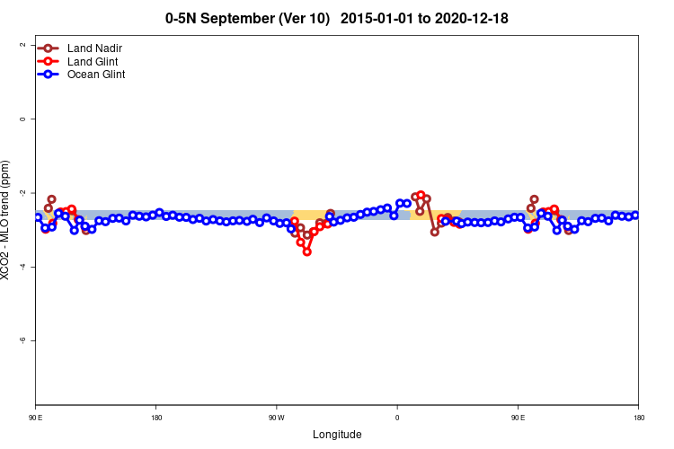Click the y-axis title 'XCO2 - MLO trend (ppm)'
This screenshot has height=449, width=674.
[x=7, y=220]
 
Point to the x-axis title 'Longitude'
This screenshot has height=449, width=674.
[x=337, y=435]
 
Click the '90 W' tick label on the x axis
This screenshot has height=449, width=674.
[x=276, y=418]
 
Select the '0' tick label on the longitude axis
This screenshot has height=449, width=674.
[x=397, y=418]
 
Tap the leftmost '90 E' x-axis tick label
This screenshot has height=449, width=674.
[x=36, y=418]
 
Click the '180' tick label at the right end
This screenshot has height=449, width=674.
[x=638, y=418]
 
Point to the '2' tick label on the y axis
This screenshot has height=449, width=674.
[x=21, y=45]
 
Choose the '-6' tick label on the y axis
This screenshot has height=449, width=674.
[x=21, y=340]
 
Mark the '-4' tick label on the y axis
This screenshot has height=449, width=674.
[x=21, y=267]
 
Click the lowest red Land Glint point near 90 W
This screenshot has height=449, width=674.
[x=307, y=252]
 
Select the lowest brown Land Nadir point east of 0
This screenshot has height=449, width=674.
[x=435, y=232]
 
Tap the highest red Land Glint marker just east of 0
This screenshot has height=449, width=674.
[x=421, y=195]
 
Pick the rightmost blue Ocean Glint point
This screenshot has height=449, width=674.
[x=635, y=215]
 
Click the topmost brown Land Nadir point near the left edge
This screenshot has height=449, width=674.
[x=52, y=198]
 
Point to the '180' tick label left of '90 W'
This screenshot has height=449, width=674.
[x=156, y=418]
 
